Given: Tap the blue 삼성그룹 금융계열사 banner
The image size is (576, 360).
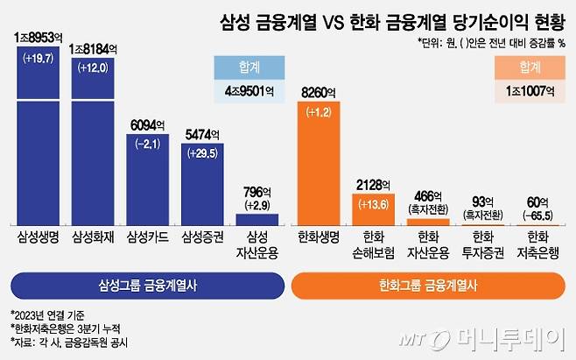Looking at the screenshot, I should (145, 285).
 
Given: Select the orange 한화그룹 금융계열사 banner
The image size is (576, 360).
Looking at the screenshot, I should (429, 285).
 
